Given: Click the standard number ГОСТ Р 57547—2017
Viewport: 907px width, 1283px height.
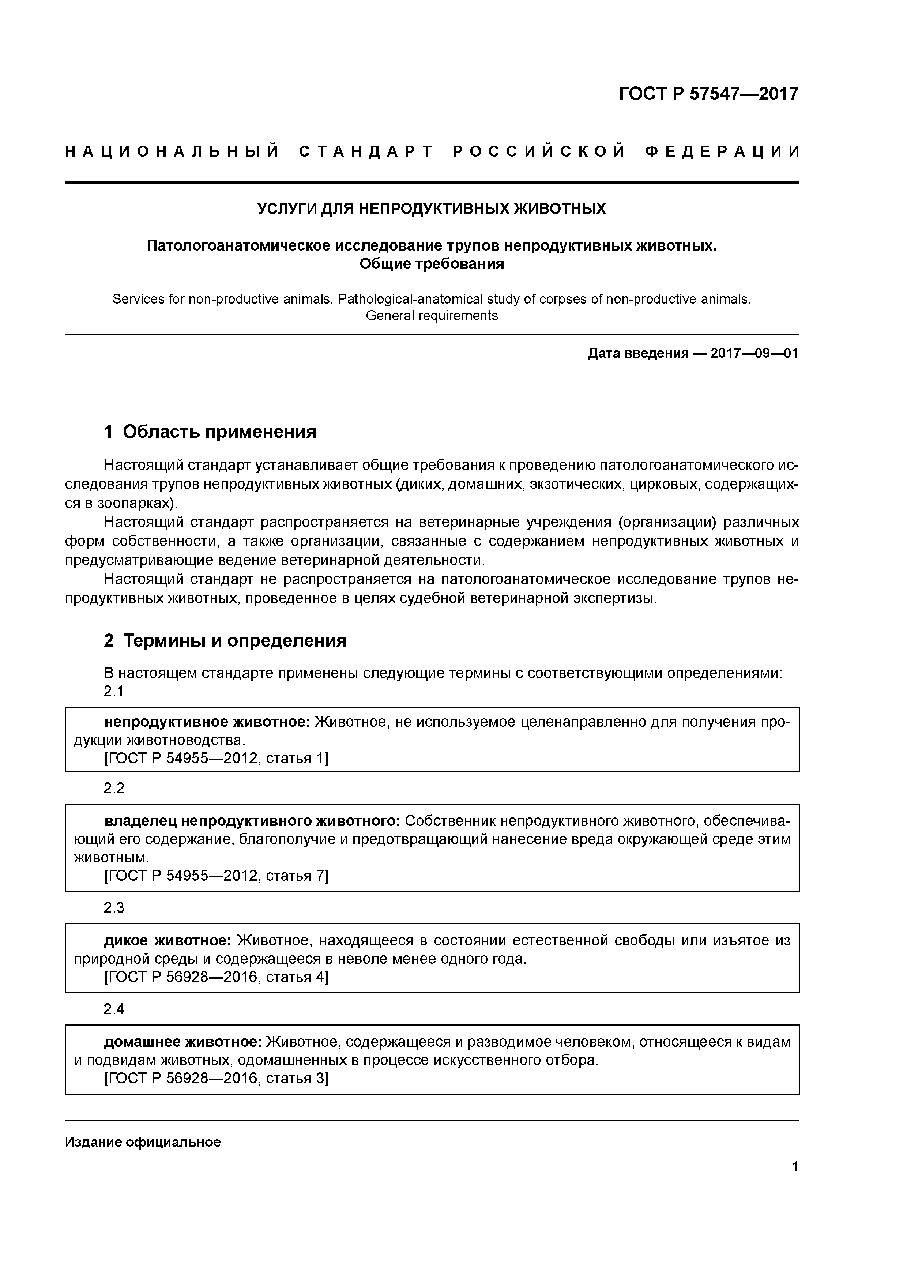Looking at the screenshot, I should click(709, 93).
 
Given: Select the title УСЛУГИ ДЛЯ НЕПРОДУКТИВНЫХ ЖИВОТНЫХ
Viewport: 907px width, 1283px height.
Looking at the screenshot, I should click(432, 209).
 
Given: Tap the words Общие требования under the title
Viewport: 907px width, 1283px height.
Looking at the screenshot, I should click(432, 264).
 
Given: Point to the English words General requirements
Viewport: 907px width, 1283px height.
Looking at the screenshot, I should click(432, 316).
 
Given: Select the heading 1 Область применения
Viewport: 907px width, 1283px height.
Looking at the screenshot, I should click(210, 432).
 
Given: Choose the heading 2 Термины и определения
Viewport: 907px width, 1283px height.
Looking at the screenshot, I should click(225, 640).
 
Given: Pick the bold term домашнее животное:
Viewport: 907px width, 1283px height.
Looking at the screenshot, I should click(183, 1042).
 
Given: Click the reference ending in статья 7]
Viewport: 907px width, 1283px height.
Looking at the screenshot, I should click(216, 876).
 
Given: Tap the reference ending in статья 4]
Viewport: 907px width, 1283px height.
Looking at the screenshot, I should click(216, 977).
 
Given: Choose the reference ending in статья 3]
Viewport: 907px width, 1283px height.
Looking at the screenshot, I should click(216, 1078).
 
